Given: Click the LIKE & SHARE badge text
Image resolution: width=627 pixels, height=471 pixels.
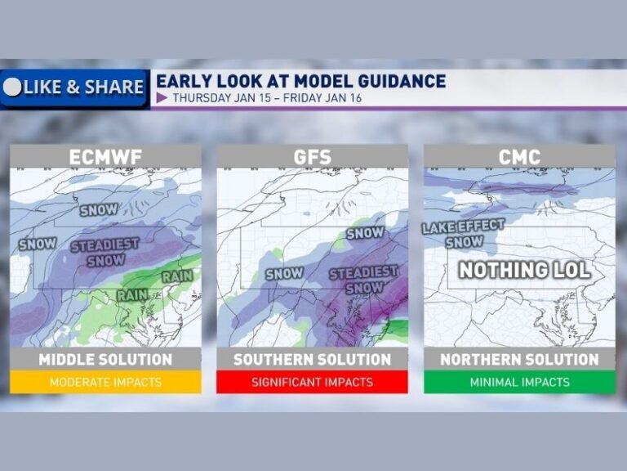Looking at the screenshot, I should (x=83, y=87).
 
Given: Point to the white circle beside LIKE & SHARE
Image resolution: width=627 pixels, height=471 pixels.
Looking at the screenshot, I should (x=12, y=87).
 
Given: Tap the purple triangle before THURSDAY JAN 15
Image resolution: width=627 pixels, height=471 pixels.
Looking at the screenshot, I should (x=162, y=98).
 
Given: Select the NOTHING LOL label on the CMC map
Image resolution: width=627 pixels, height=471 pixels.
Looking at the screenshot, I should (x=524, y=270).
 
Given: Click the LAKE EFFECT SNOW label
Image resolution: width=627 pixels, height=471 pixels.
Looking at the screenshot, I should (x=463, y=233).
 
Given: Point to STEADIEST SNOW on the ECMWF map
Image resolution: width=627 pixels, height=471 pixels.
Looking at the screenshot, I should (x=105, y=252).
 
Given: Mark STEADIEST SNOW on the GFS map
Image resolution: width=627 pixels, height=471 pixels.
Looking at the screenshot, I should (x=364, y=279).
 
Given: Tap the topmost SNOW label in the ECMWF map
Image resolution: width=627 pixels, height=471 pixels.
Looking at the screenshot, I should (x=99, y=210).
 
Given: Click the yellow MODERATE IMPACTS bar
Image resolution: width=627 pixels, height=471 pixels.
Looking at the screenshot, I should (x=105, y=382).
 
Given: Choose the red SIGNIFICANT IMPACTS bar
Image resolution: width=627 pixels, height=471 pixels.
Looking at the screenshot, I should (x=312, y=382).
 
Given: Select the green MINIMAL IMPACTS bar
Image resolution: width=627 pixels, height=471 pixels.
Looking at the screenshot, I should (x=519, y=382).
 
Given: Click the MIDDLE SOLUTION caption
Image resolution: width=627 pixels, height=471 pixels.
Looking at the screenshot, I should (x=105, y=360).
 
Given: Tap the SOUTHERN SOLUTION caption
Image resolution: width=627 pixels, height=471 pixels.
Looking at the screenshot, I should (x=312, y=360).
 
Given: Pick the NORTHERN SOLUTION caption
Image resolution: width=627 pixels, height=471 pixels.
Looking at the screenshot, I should (x=519, y=360).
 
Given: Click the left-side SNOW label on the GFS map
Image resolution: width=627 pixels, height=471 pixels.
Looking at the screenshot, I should (x=285, y=274).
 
